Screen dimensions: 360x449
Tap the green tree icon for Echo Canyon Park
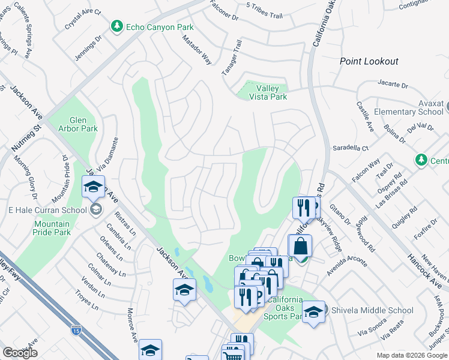pyautogui.click(x=116, y=26)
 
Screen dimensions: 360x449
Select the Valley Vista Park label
pyautogui.click(x=267, y=92)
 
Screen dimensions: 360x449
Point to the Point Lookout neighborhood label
pyautogui.click(x=369, y=61)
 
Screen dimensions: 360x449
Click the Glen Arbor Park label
pyautogui.click(x=75, y=124)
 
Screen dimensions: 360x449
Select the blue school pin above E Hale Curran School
pyautogui.click(x=94, y=187)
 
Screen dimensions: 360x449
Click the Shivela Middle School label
pyautogui.click(x=371, y=310)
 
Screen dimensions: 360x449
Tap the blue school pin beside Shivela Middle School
pyautogui.click(x=313, y=312)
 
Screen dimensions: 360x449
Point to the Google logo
pyautogui.click(x=20, y=353)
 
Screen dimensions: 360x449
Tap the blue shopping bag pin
pyautogui.click(x=301, y=246)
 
